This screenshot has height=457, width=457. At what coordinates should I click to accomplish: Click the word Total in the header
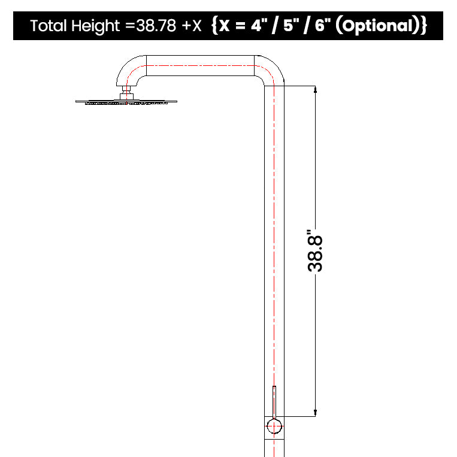point(49,26)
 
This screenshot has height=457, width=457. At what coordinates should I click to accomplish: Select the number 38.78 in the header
point(156,26)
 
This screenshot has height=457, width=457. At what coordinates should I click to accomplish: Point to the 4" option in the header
point(259,25)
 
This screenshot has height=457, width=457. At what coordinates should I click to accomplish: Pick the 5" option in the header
point(290,25)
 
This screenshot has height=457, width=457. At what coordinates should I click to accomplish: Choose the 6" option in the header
point(322,25)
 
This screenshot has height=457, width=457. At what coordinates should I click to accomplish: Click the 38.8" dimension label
point(315,251)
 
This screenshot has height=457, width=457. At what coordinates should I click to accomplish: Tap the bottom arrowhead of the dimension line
point(315,413)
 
